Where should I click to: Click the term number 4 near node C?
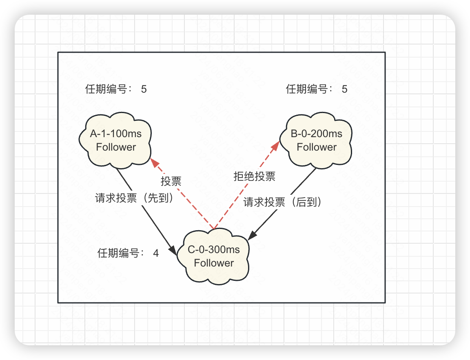(x=156, y=253)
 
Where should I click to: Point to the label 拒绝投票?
(x=254, y=176)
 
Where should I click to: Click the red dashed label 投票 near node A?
(x=171, y=181)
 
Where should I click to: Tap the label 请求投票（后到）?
(x=283, y=202)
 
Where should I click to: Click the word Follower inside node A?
(x=116, y=147)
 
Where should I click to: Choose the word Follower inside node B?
(x=317, y=147)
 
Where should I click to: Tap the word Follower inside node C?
(x=214, y=263)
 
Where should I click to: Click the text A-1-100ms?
(x=116, y=133)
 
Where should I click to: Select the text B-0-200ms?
(x=317, y=133)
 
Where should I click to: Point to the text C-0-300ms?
(x=214, y=249)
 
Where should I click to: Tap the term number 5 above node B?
(x=345, y=89)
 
